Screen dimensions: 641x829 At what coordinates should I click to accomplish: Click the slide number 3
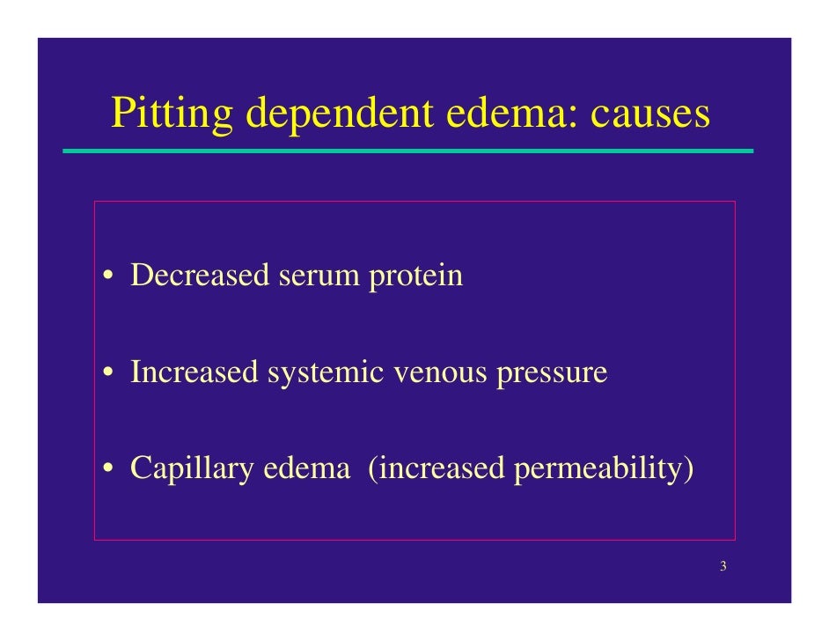723,566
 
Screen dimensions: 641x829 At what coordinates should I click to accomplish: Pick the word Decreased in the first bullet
200,276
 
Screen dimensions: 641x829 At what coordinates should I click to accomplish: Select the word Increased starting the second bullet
194,372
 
